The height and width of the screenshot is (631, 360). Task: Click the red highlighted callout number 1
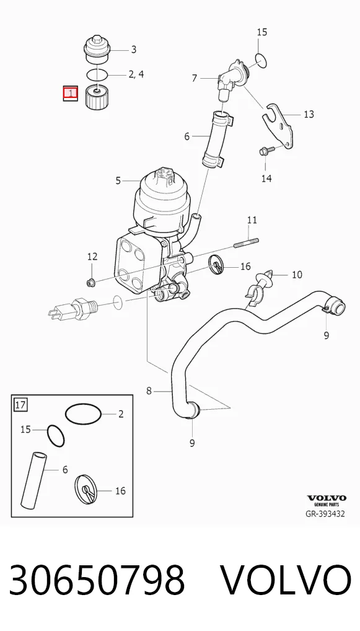pyautogui.click(x=71, y=94)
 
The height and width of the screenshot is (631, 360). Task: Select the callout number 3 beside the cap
pyautogui.click(x=134, y=50)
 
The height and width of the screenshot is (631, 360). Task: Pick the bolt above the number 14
pyautogui.click(x=266, y=152)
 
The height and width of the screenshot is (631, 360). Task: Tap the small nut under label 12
pyautogui.click(x=91, y=283)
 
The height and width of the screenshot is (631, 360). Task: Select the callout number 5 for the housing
pyautogui.click(x=118, y=181)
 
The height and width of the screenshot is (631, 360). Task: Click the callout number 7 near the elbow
pyautogui.click(x=195, y=77)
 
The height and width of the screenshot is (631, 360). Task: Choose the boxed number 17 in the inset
pyautogui.click(x=20, y=404)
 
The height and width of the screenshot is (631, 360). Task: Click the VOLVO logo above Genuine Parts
pyautogui.click(x=327, y=498)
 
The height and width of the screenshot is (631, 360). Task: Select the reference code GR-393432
pyautogui.click(x=325, y=514)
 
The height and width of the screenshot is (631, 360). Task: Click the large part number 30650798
pyautogui.click(x=97, y=580)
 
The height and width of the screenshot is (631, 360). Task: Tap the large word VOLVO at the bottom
pyautogui.click(x=286, y=580)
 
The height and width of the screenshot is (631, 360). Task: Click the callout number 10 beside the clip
pyautogui.click(x=297, y=275)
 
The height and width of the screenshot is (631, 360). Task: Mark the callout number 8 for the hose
pyautogui.click(x=149, y=391)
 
